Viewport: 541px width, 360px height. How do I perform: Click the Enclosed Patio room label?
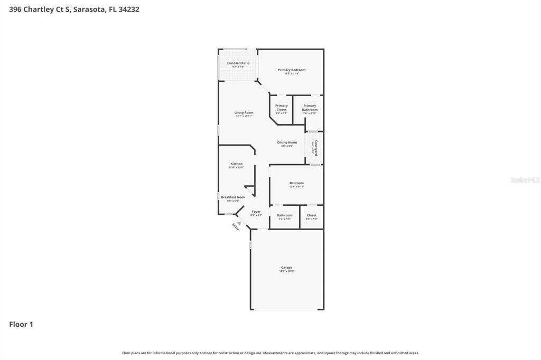point(238,63)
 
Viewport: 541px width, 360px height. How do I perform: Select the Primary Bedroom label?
point(292,70)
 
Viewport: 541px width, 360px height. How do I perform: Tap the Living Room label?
point(244,112)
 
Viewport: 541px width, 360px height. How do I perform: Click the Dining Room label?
point(287,142)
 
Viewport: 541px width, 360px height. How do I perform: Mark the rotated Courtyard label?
point(316,147)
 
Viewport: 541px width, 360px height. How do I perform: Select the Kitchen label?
point(236,164)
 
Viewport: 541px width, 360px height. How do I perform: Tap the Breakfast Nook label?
point(233,197)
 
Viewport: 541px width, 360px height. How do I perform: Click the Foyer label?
point(256,212)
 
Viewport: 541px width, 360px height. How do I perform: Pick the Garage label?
point(286,268)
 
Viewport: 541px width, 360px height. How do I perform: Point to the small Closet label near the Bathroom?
point(312,215)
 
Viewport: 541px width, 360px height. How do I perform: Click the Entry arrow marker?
point(238,223)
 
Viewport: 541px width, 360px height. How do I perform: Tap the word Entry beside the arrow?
point(235,227)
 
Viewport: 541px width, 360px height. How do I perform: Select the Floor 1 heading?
point(21,324)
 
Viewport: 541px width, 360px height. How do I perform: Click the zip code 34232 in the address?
point(129,9)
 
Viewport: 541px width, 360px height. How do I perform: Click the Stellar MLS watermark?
point(525,180)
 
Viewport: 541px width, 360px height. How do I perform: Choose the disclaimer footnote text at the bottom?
point(270,353)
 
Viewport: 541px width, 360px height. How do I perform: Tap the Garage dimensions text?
point(286,271)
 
